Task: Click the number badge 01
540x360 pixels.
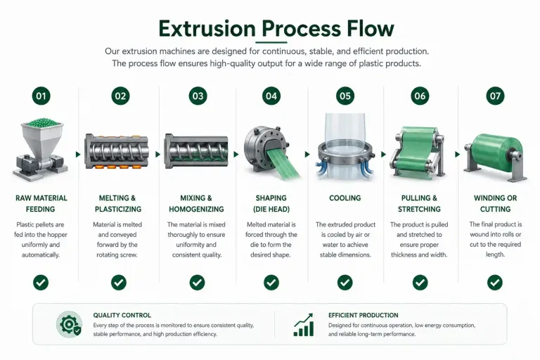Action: pos(41,96)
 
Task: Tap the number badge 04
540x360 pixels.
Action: pos(271,96)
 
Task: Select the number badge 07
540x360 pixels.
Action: pos(495,96)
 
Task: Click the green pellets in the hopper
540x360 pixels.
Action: pos(42,122)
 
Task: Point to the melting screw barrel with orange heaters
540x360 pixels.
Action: pos(117,151)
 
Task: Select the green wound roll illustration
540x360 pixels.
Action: pos(495,155)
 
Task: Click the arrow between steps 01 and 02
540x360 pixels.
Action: pos(78,154)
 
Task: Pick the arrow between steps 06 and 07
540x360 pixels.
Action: pos(457,154)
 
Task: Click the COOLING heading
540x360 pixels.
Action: pos(345,198)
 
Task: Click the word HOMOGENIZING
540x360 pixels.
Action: pos(196,209)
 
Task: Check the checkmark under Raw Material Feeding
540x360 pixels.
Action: pos(41,283)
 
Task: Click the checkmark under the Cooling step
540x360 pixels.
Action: pos(345,283)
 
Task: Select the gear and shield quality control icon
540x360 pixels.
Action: pos(69,325)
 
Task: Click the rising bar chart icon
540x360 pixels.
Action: pos(304,325)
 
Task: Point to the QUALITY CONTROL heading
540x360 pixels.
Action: pos(122,315)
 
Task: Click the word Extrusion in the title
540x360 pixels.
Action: pos(207,29)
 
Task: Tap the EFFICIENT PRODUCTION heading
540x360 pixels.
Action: pos(363,315)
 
